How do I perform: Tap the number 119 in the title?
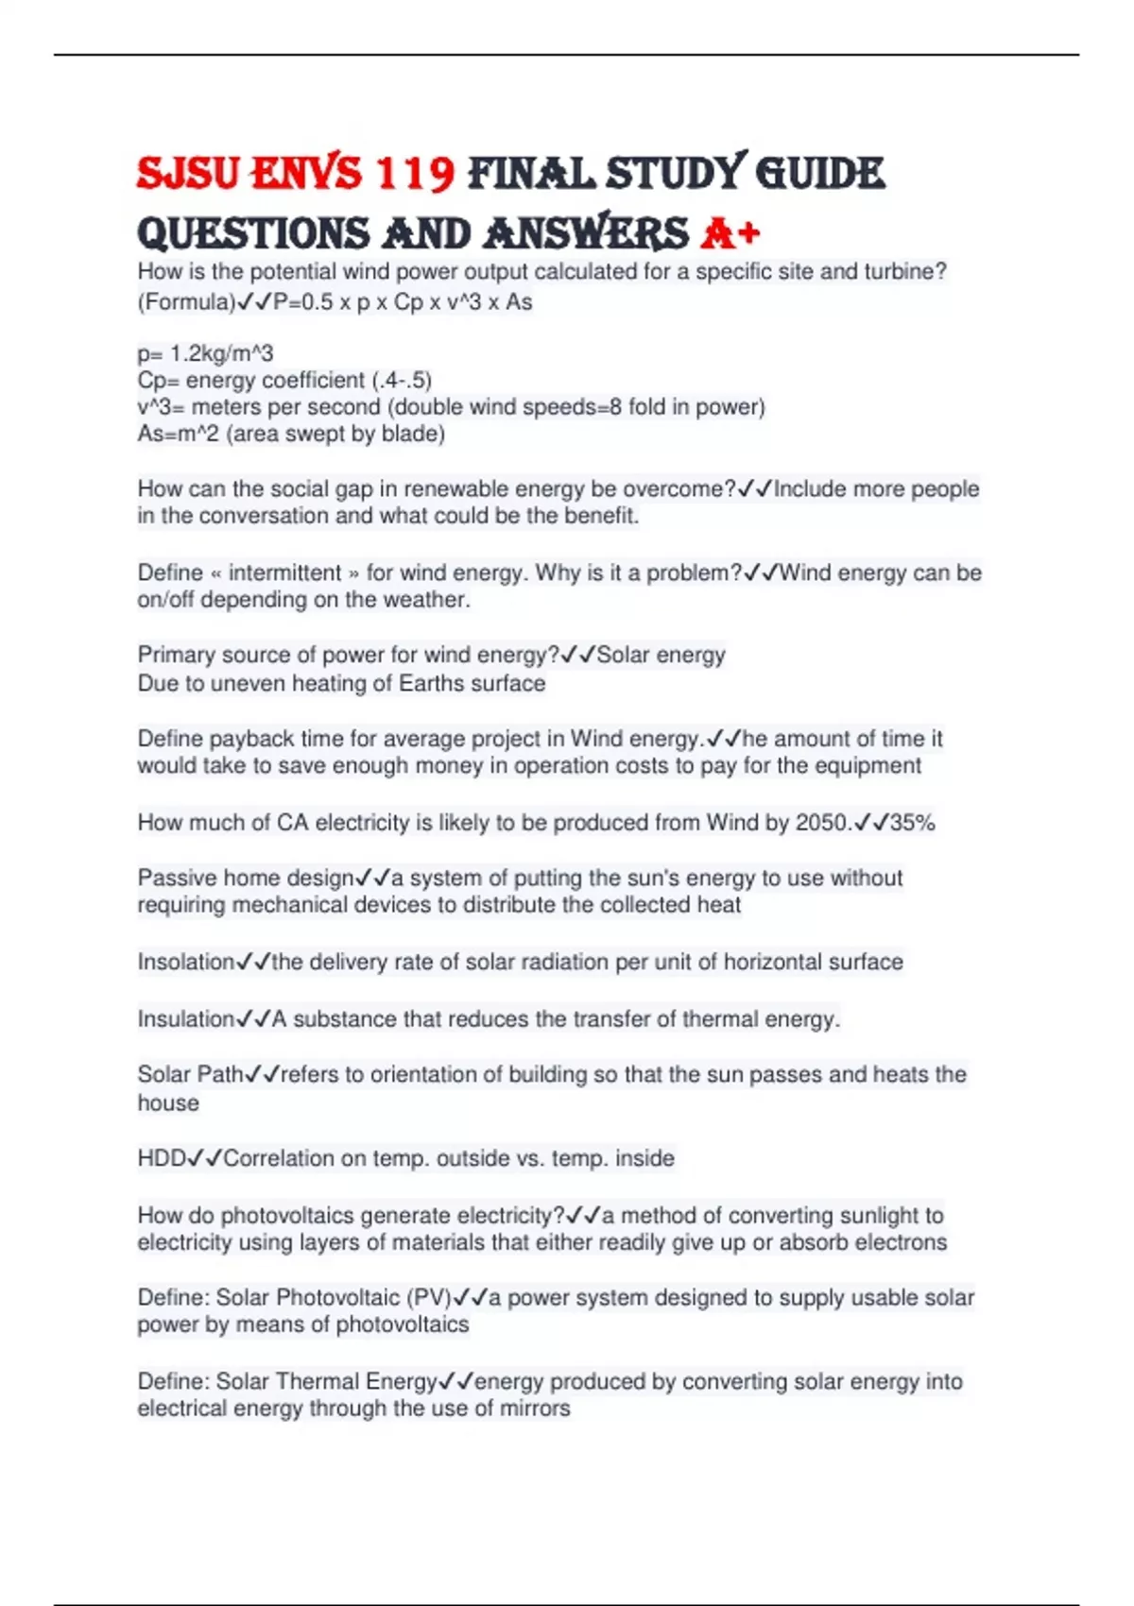click(415, 174)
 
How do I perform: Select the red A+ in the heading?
click(730, 233)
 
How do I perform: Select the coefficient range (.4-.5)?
click(401, 380)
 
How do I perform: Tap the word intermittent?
click(284, 572)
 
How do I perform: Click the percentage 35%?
click(912, 823)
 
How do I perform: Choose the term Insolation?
click(185, 962)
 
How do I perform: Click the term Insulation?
click(185, 1019)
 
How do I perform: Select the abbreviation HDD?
click(162, 1158)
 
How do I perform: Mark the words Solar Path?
click(190, 1074)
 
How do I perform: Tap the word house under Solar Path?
click(168, 1102)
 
